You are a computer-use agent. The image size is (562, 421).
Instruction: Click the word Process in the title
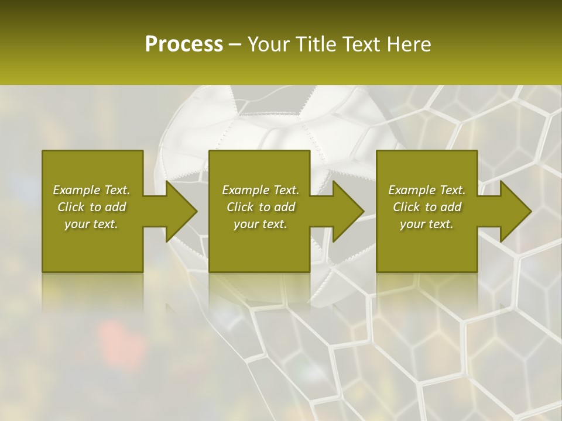[184, 44]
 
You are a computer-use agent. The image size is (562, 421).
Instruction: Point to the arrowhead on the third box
[515, 211]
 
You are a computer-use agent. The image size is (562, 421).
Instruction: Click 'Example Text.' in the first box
[91, 190]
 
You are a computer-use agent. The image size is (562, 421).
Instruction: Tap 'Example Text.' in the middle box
[261, 190]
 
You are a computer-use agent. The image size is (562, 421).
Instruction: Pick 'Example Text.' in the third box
[427, 190]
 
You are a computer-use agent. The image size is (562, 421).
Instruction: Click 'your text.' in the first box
[91, 224]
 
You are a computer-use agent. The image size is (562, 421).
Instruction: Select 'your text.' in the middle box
[261, 224]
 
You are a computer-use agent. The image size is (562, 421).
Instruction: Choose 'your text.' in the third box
[427, 224]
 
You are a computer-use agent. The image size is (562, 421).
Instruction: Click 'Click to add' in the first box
[91, 207]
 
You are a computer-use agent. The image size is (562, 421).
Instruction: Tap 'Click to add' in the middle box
[261, 207]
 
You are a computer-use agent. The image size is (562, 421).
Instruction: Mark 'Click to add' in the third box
[427, 207]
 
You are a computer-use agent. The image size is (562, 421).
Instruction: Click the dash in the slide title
[235, 45]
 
